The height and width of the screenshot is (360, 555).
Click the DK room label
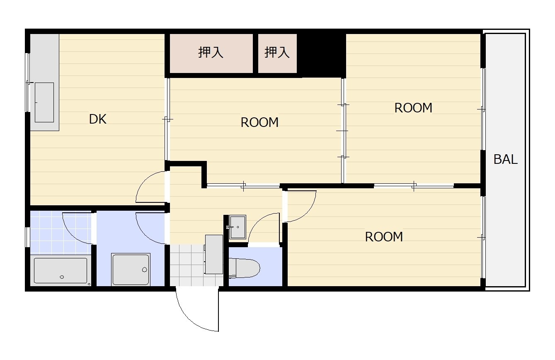pyautogui.click(x=98, y=119)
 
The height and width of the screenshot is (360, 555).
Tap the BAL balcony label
pyautogui.click(x=505, y=159)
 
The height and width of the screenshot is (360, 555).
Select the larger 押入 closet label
pyautogui.click(x=211, y=52)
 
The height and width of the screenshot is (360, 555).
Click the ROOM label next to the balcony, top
pyautogui.click(x=413, y=108)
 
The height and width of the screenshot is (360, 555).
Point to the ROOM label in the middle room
pyautogui.click(x=259, y=122)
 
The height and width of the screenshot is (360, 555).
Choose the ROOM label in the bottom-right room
pyautogui.click(x=384, y=237)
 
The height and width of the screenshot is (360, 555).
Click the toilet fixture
pyautogui.click(x=244, y=268)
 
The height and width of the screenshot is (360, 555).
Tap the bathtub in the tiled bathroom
pyautogui.click(x=61, y=270)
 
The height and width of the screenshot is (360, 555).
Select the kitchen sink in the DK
pyautogui.click(x=44, y=102)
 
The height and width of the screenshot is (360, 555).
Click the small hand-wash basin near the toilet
pyautogui.click(x=238, y=227)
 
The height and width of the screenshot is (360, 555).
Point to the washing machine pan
pyautogui.click(x=131, y=270)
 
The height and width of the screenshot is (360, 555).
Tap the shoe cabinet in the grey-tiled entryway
pyautogui.click(x=214, y=254)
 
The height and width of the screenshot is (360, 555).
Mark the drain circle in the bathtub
pyautogui.click(x=62, y=277)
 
